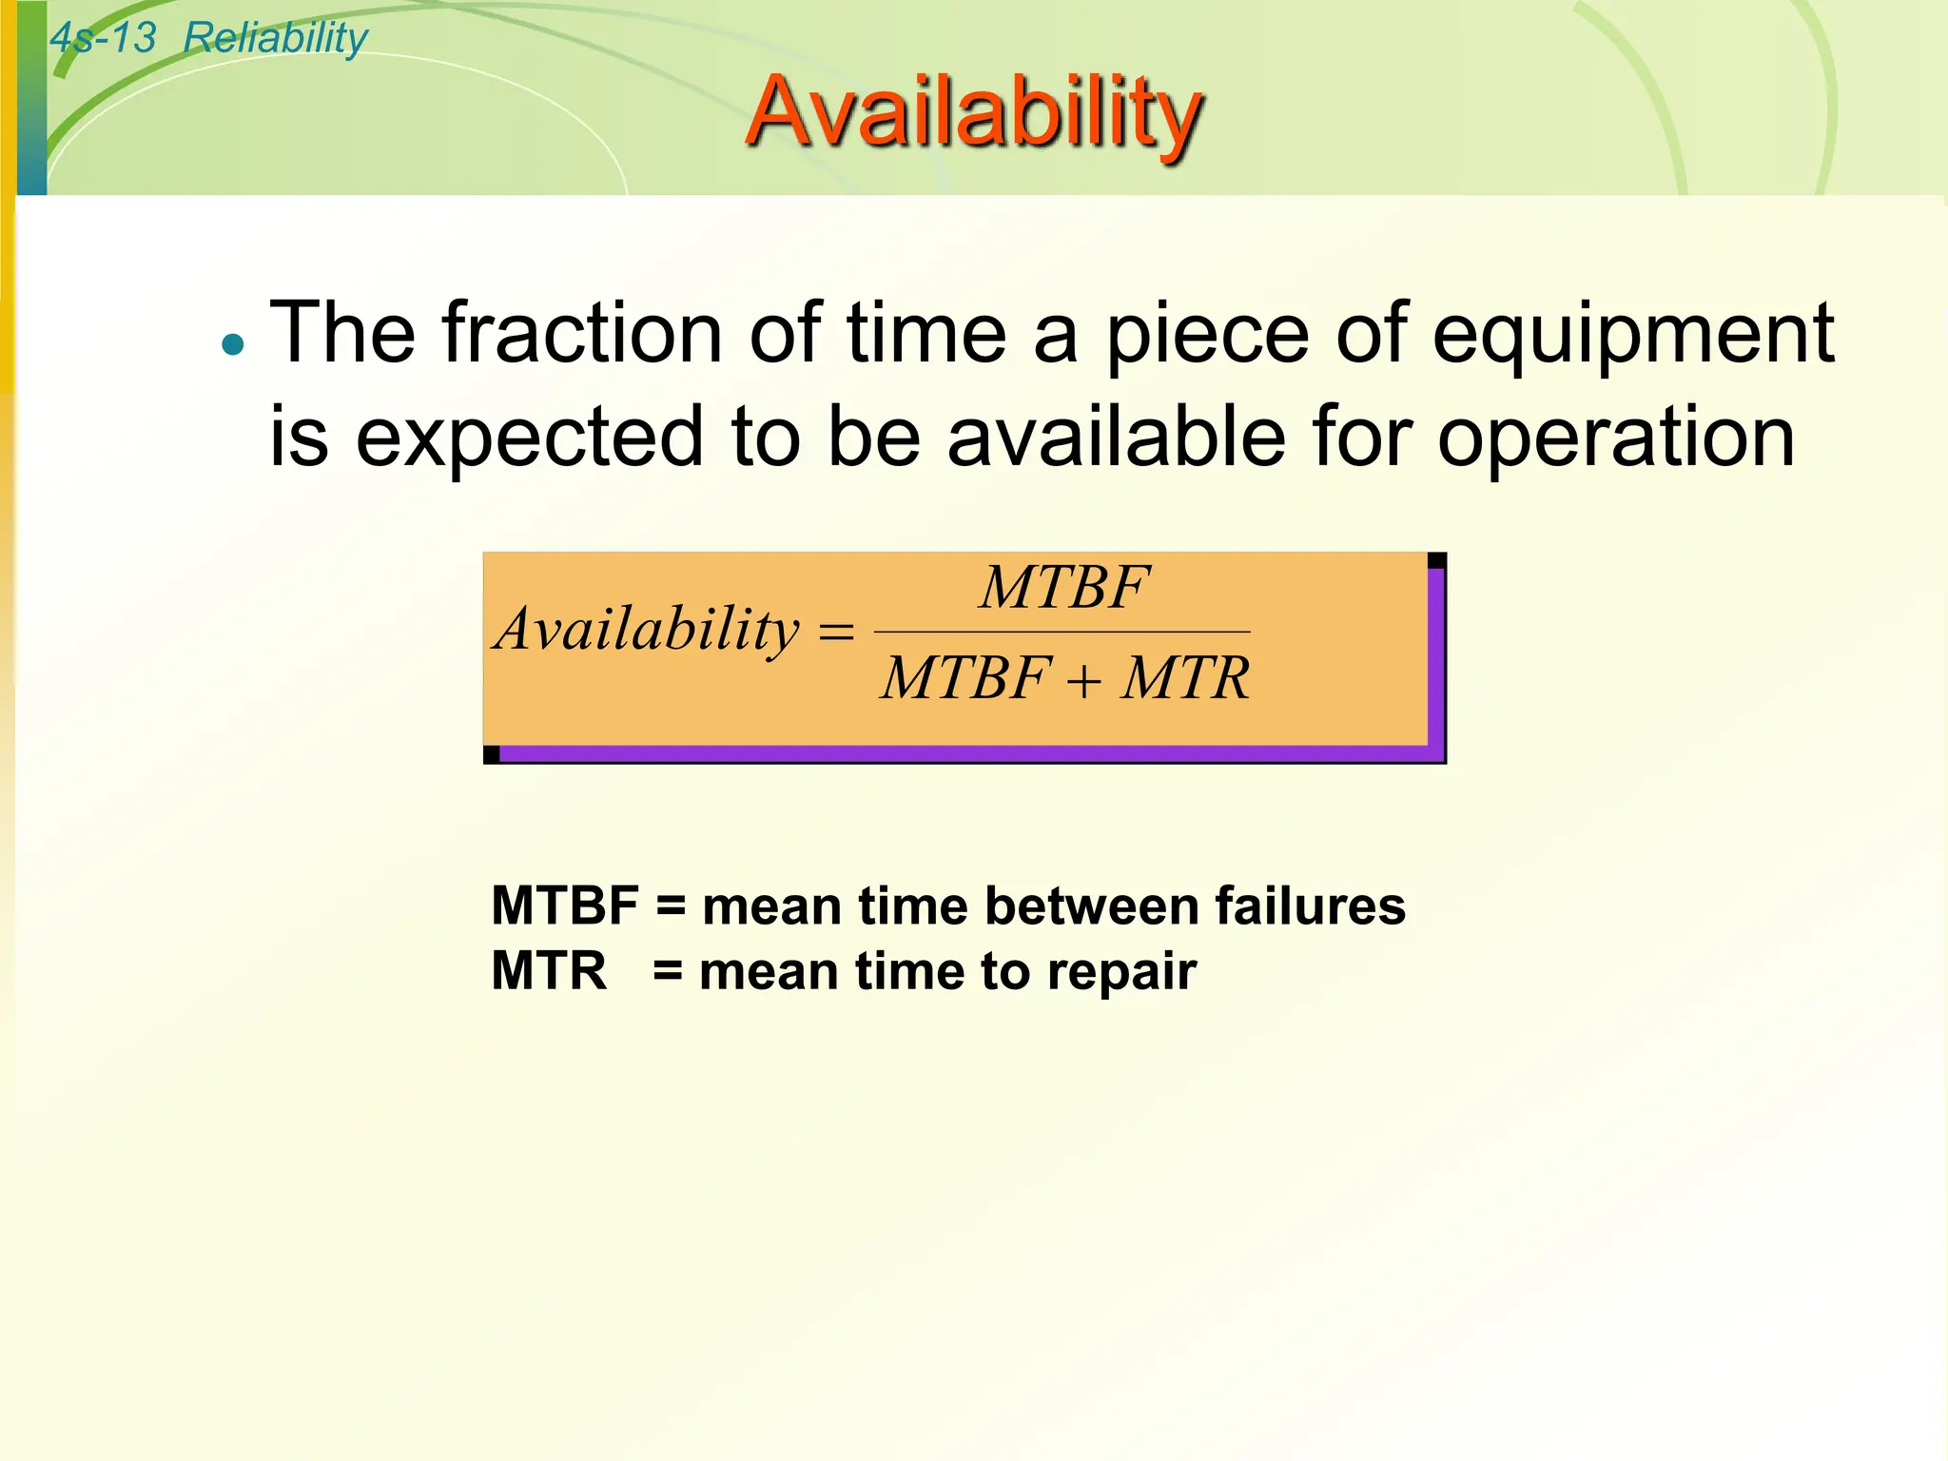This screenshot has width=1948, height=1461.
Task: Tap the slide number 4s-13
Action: (x=103, y=38)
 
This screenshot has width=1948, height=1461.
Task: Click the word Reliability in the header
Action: (x=274, y=38)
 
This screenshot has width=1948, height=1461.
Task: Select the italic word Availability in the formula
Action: (x=647, y=630)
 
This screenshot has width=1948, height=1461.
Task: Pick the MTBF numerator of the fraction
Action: (x=1064, y=588)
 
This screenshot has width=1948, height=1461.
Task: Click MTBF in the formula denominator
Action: (x=965, y=679)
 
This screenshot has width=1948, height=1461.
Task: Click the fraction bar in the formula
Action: (x=1062, y=632)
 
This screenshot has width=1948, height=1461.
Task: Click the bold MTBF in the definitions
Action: (x=564, y=906)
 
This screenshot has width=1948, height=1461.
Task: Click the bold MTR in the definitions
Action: (x=549, y=972)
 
